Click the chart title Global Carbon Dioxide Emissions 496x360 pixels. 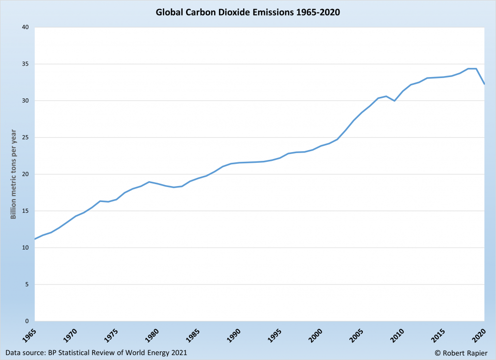[248, 13]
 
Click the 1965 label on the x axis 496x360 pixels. [32, 335]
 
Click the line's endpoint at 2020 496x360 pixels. [484, 84]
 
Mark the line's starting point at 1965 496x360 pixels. [34, 239]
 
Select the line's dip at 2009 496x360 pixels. [394, 101]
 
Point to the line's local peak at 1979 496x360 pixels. [149, 182]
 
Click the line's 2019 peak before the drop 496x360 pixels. [476, 69]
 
